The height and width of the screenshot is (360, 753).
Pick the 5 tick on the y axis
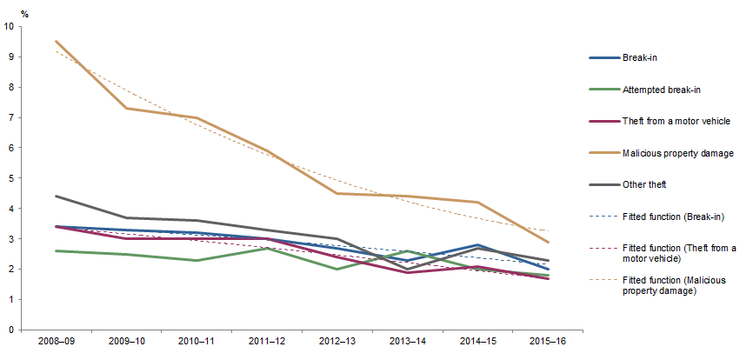pyautogui.click(x=11, y=178)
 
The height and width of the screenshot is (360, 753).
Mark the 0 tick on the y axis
pyautogui.click(x=11, y=330)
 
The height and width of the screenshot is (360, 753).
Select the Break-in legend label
pyautogui.click(x=638, y=57)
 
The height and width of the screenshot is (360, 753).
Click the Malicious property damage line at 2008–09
pyautogui.click(x=57, y=41)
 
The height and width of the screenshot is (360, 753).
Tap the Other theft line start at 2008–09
pyautogui.click(x=57, y=197)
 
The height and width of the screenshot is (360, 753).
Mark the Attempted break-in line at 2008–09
pyautogui.click(x=57, y=251)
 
